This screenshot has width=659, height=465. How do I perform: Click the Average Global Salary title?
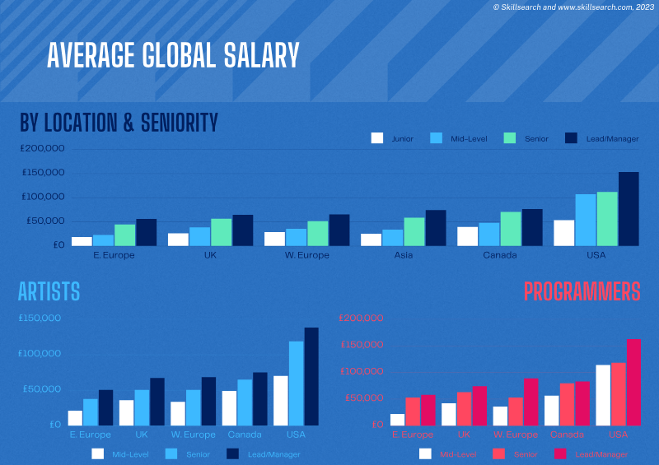[x=173, y=55]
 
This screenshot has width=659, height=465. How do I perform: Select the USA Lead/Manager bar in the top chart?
[x=629, y=209]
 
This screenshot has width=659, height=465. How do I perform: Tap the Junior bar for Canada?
[x=467, y=236]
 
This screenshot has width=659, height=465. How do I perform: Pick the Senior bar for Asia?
[x=414, y=231]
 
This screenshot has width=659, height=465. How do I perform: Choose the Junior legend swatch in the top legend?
[x=378, y=138]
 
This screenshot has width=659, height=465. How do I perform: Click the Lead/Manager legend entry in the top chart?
[x=601, y=138]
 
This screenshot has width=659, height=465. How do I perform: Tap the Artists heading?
[x=49, y=291]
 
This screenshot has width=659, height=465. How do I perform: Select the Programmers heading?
[x=582, y=291]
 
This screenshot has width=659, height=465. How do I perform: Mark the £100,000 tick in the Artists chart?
[x=40, y=354]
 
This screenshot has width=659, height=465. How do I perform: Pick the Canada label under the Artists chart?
[x=244, y=435]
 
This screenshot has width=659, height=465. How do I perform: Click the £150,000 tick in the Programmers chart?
[x=362, y=345]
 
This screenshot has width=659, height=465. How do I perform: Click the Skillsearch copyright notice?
[x=573, y=7]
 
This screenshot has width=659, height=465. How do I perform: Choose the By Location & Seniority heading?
[x=119, y=123]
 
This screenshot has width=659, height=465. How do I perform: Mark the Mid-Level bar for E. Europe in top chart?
[x=103, y=240]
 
